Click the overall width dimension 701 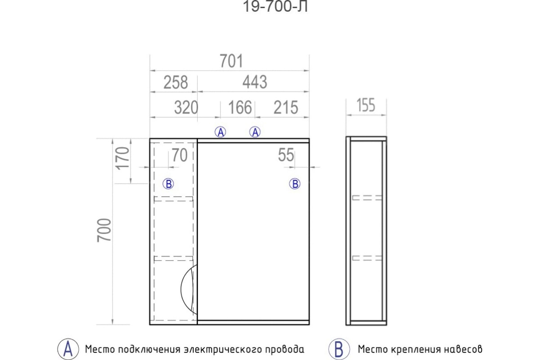(231, 61)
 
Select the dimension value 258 (175, 82)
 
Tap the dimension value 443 (255, 82)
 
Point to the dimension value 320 (186, 108)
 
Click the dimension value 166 (240, 108)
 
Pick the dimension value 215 (286, 108)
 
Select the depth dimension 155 (366, 105)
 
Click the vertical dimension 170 (123, 158)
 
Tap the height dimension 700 (104, 230)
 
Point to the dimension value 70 (180, 155)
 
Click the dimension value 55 (286, 155)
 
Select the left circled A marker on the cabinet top (220, 132)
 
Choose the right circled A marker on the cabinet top (255, 132)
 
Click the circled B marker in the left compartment (168, 184)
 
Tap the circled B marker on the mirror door (295, 184)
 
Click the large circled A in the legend (68, 349)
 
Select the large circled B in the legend (339, 349)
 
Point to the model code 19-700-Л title (275, 6)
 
